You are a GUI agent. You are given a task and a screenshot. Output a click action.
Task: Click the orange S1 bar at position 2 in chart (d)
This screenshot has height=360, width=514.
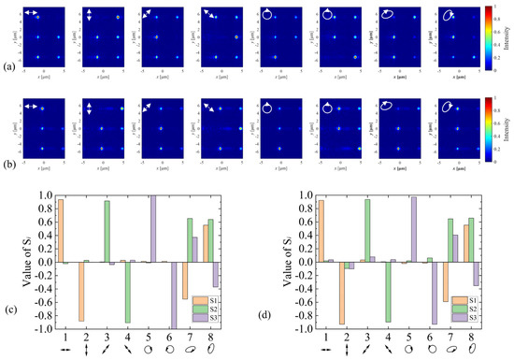(343, 294)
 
